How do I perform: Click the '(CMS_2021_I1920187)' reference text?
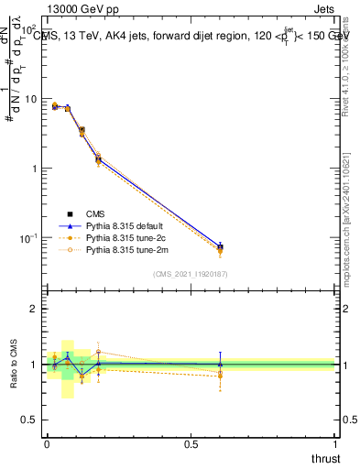(x=191, y=273)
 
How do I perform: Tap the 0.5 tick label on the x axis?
(x=191, y=445)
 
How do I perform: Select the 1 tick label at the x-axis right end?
(x=335, y=445)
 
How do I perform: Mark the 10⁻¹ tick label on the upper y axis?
(x=27, y=239)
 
